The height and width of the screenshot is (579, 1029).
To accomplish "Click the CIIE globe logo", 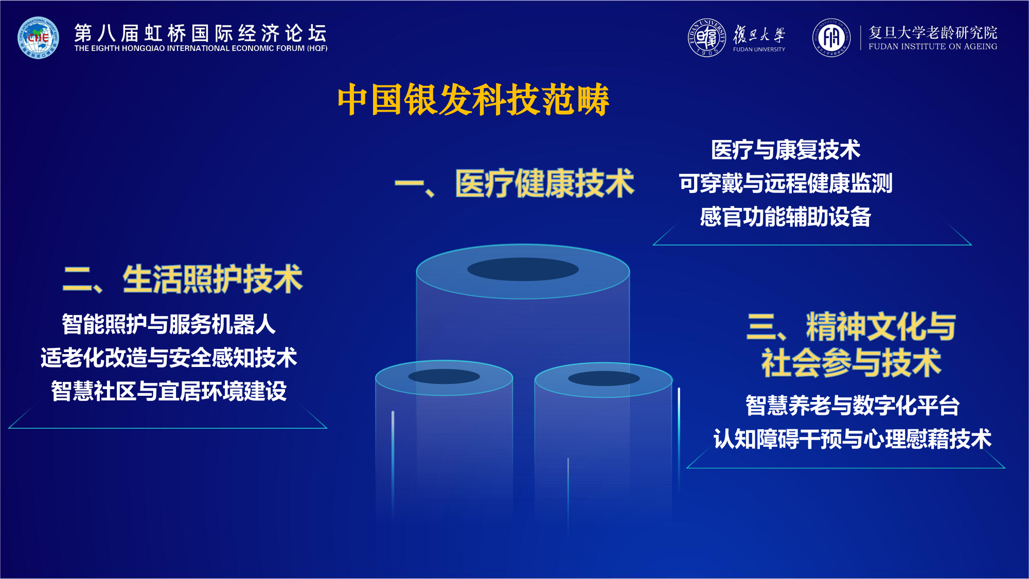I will pos(38,38).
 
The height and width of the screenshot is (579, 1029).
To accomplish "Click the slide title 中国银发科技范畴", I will pos(473,100).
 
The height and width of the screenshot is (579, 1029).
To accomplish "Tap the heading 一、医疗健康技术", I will pos(514,184).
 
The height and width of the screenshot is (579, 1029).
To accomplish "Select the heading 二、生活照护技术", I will pos(183,279).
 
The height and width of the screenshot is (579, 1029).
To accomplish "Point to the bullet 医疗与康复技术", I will pos(785,150).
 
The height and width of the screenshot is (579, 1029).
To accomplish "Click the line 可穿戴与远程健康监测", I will pos(785,183).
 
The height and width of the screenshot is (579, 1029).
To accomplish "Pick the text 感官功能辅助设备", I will pos(785,217).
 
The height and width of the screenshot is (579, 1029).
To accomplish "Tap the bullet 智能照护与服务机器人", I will pos(169,324).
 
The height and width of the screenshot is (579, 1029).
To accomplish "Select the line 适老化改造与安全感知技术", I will pos(169,358).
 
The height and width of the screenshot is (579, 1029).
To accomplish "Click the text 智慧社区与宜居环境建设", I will pos(169,391).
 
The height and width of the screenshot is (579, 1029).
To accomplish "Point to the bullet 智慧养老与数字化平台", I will pos(852,406).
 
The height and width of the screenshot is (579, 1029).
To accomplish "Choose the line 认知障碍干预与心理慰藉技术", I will pos(852,439).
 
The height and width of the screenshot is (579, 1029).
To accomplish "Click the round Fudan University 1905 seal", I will pos(707,38).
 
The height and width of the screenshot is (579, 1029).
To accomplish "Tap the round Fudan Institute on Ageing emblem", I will pos(831,38).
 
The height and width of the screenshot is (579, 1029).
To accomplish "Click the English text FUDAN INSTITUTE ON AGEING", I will pos(932,47).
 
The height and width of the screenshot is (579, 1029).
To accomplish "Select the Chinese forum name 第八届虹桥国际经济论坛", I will pos(201,32).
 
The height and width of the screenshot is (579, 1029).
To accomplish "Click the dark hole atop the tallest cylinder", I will pos(523,269).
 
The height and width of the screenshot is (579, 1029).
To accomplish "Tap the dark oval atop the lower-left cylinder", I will pos(444,376).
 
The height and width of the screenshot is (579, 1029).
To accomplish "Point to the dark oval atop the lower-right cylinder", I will pos(604,378).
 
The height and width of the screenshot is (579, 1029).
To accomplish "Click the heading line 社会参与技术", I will pos(851,363).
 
